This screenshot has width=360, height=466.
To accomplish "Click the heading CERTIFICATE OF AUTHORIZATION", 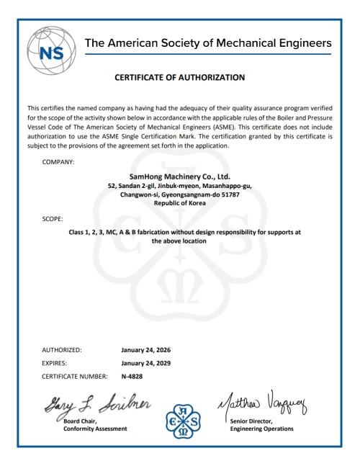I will [x=180, y=76].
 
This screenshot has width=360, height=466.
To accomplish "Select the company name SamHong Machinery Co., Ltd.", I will [x=179, y=176].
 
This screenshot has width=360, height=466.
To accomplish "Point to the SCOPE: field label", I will [x=53, y=217].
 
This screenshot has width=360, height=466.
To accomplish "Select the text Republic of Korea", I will [x=180, y=203].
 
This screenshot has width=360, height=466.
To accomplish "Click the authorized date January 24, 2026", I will [x=146, y=350].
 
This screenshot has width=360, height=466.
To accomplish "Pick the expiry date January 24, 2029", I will [x=146, y=363].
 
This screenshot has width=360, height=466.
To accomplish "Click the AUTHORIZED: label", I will [x=63, y=350].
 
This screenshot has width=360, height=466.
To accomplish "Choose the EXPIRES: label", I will [x=57, y=363].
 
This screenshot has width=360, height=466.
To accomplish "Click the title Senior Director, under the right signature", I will [x=251, y=420].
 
